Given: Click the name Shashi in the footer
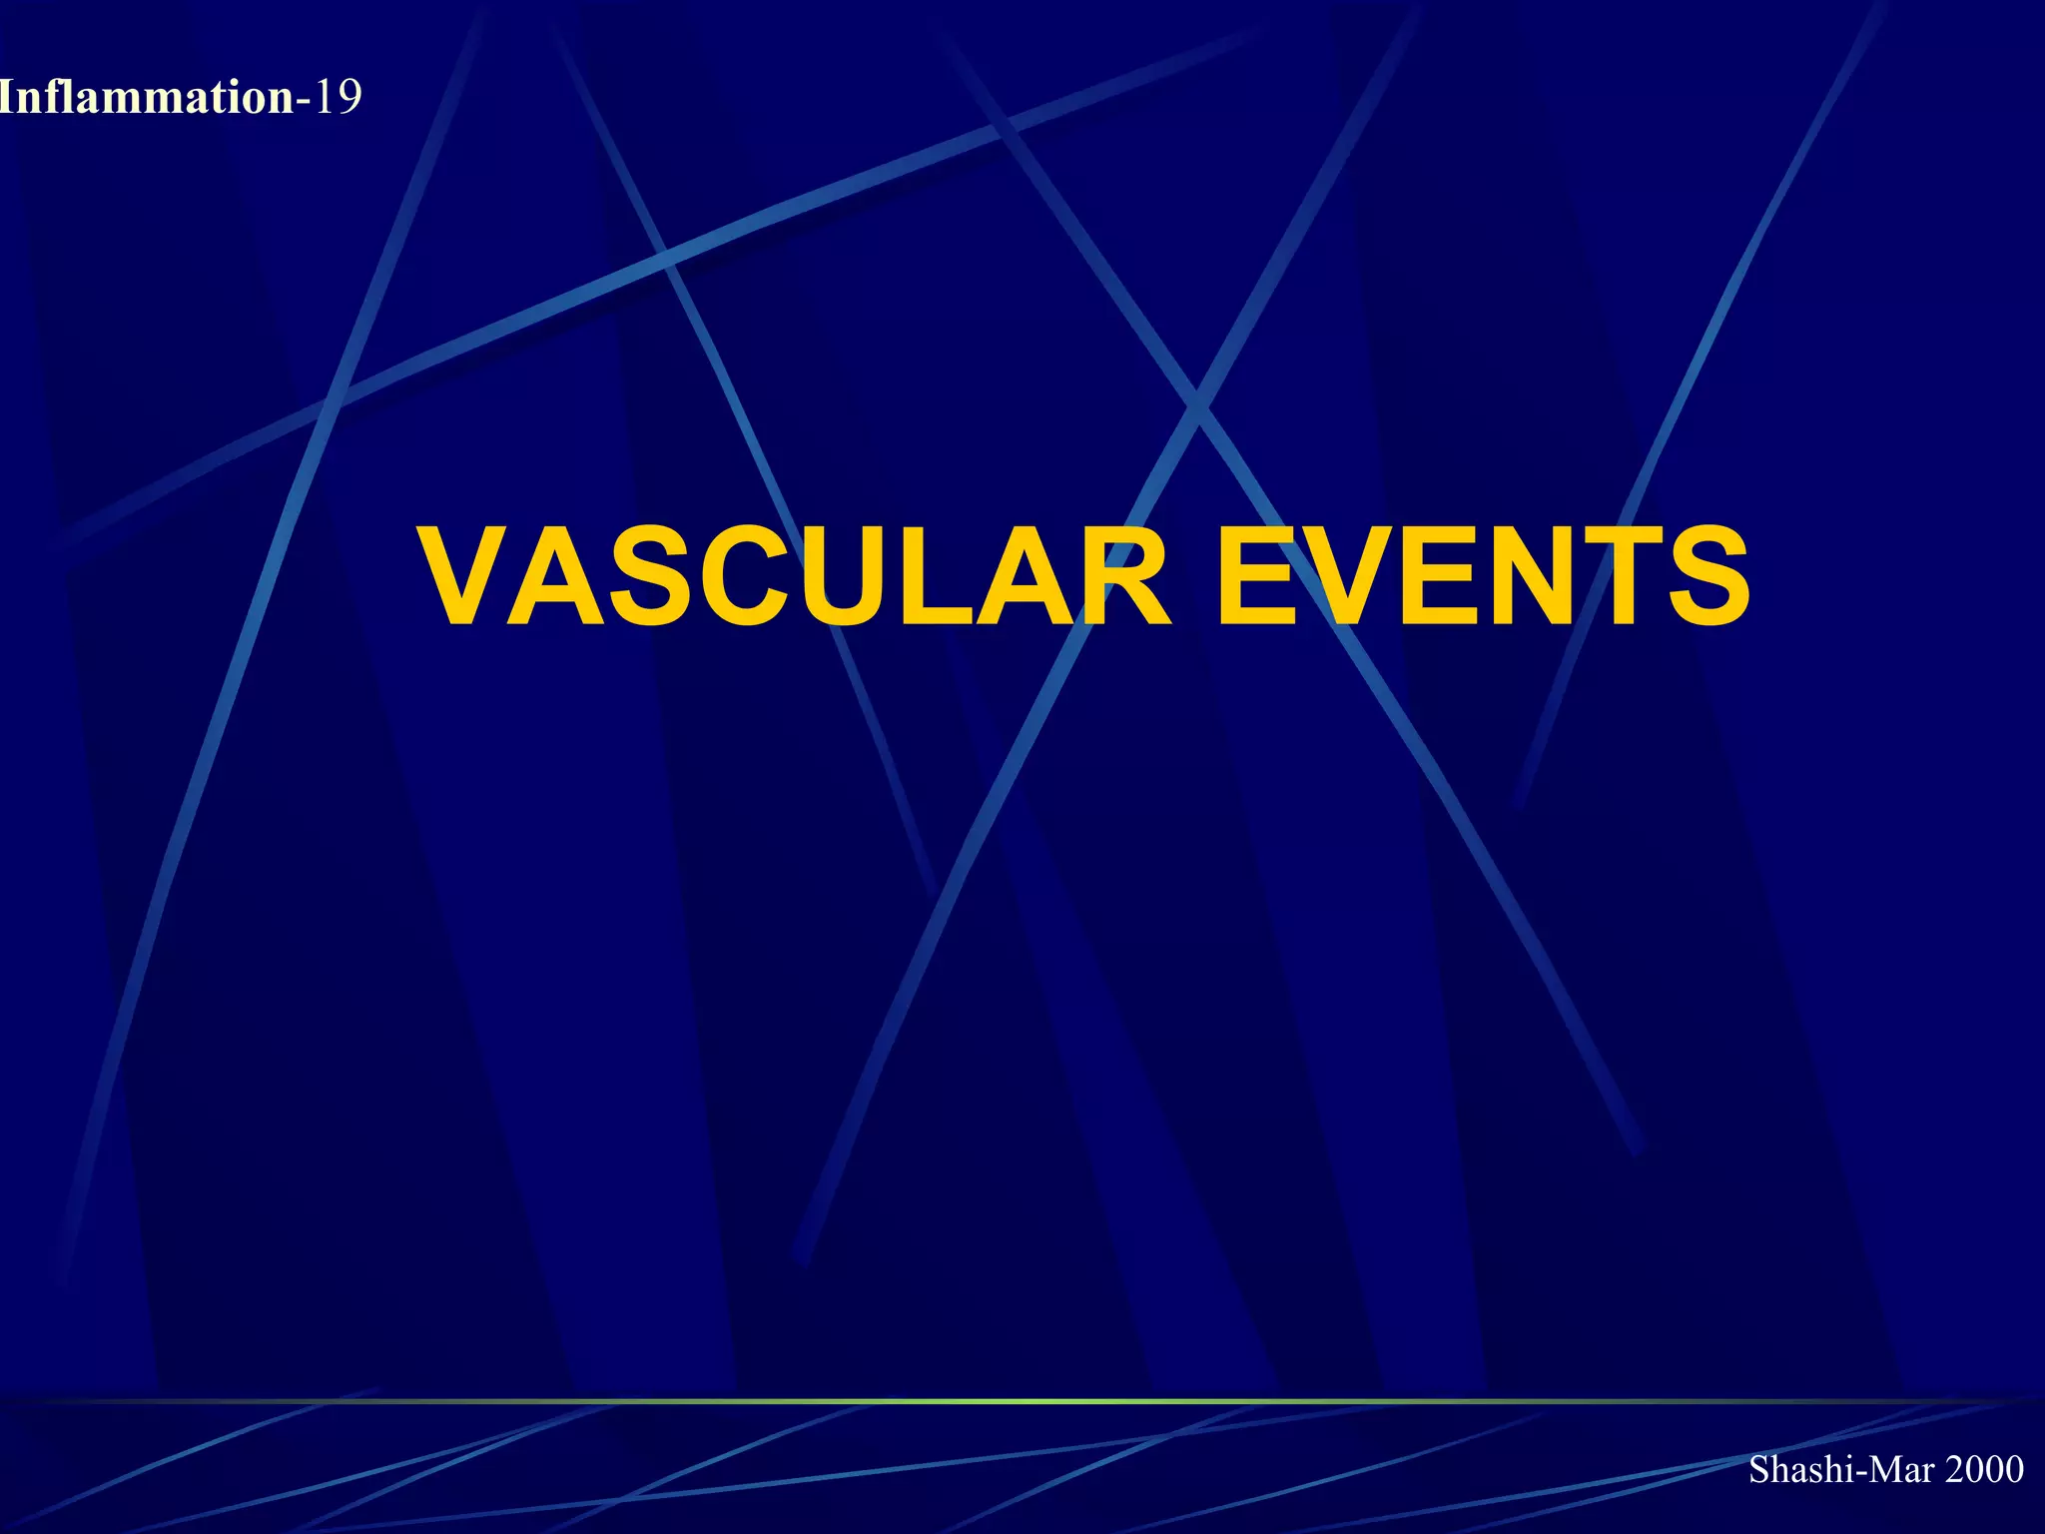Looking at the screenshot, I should coord(1793,1469).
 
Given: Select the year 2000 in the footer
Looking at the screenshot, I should coord(1985,1469).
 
